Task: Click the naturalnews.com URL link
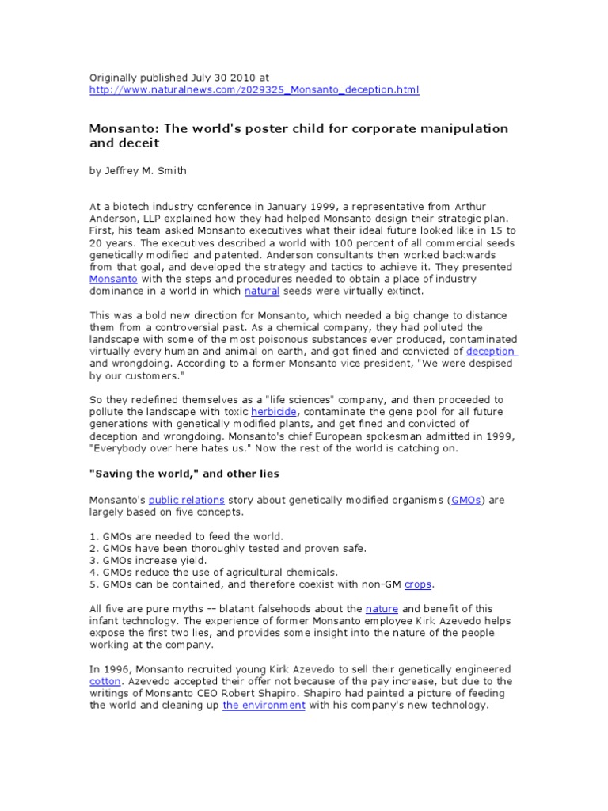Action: [253, 90]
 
